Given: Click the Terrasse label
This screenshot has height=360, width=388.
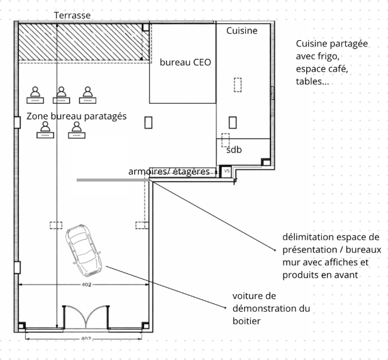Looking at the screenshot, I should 72,14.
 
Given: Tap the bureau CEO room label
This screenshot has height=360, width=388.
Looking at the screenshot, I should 185,62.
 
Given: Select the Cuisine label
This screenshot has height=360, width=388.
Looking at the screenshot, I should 241,31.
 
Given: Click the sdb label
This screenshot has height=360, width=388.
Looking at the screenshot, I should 234,150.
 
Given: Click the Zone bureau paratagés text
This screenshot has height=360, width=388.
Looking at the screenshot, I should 77,116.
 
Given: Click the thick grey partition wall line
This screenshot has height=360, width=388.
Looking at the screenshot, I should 113,180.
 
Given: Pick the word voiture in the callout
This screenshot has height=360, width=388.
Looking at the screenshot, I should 247,295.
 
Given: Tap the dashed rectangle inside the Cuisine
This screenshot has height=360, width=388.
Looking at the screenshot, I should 238,84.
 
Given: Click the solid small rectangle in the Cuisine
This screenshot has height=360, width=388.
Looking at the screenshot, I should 232,122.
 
